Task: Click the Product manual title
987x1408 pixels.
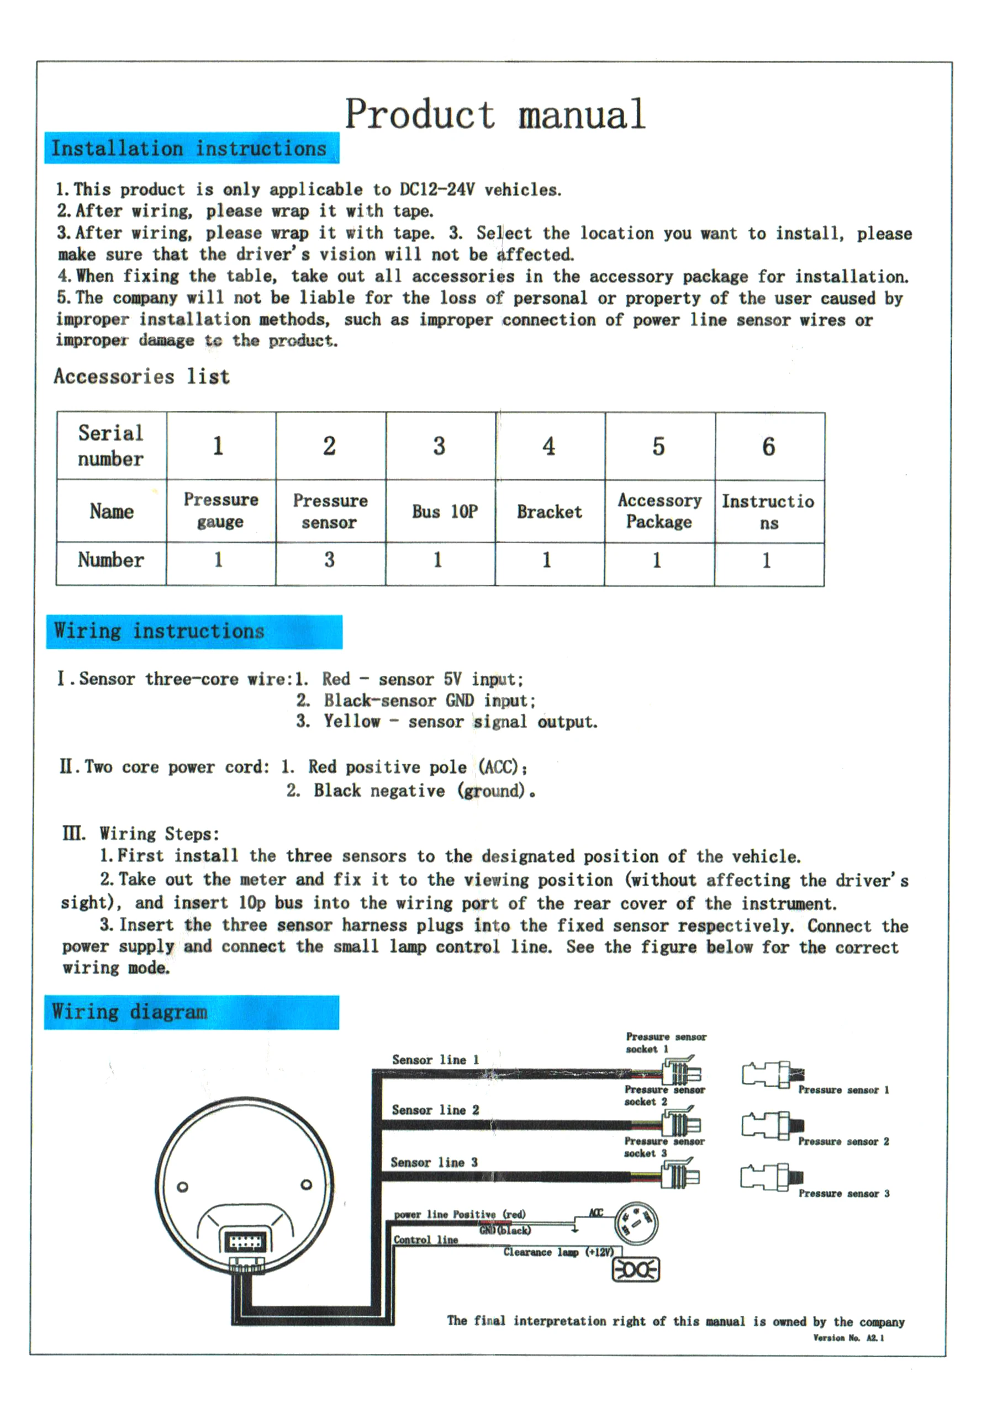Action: [x=494, y=114]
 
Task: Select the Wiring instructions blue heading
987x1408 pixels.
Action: [x=160, y=631]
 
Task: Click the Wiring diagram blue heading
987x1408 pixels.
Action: [x=130, y=1011]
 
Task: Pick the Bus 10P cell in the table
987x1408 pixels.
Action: [x=445, y=511]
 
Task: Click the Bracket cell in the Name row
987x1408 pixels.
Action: [x=549, y=511]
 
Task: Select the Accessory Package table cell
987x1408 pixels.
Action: [x=659, y=511]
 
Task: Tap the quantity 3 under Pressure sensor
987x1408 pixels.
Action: [x=329, y=560]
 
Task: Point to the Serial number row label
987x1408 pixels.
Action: [x=110, y=446]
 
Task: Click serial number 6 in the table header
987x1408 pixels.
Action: [x=769, y=447]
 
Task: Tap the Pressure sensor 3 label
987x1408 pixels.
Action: [x=843, y=1193]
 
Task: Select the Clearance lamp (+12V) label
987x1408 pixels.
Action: [x=558, y=1252]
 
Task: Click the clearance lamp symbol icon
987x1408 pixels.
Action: [x=636, y=1269]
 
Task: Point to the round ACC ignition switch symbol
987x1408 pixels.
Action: [x=636, y=1224]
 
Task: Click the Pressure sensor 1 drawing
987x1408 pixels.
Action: [x=770, y=1075]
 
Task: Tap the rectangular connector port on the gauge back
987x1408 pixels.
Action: [x=246, y=1242]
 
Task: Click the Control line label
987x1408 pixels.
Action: [x=426, y=1240]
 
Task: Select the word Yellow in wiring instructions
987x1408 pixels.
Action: [x=352, y=721]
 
